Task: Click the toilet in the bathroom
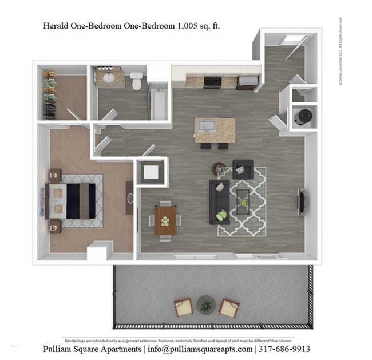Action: [x=137, y=81]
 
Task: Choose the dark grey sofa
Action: [x=220, y=201]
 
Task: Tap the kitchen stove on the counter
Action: [x=212, y=82]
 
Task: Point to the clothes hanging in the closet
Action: [x=50, y=94]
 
